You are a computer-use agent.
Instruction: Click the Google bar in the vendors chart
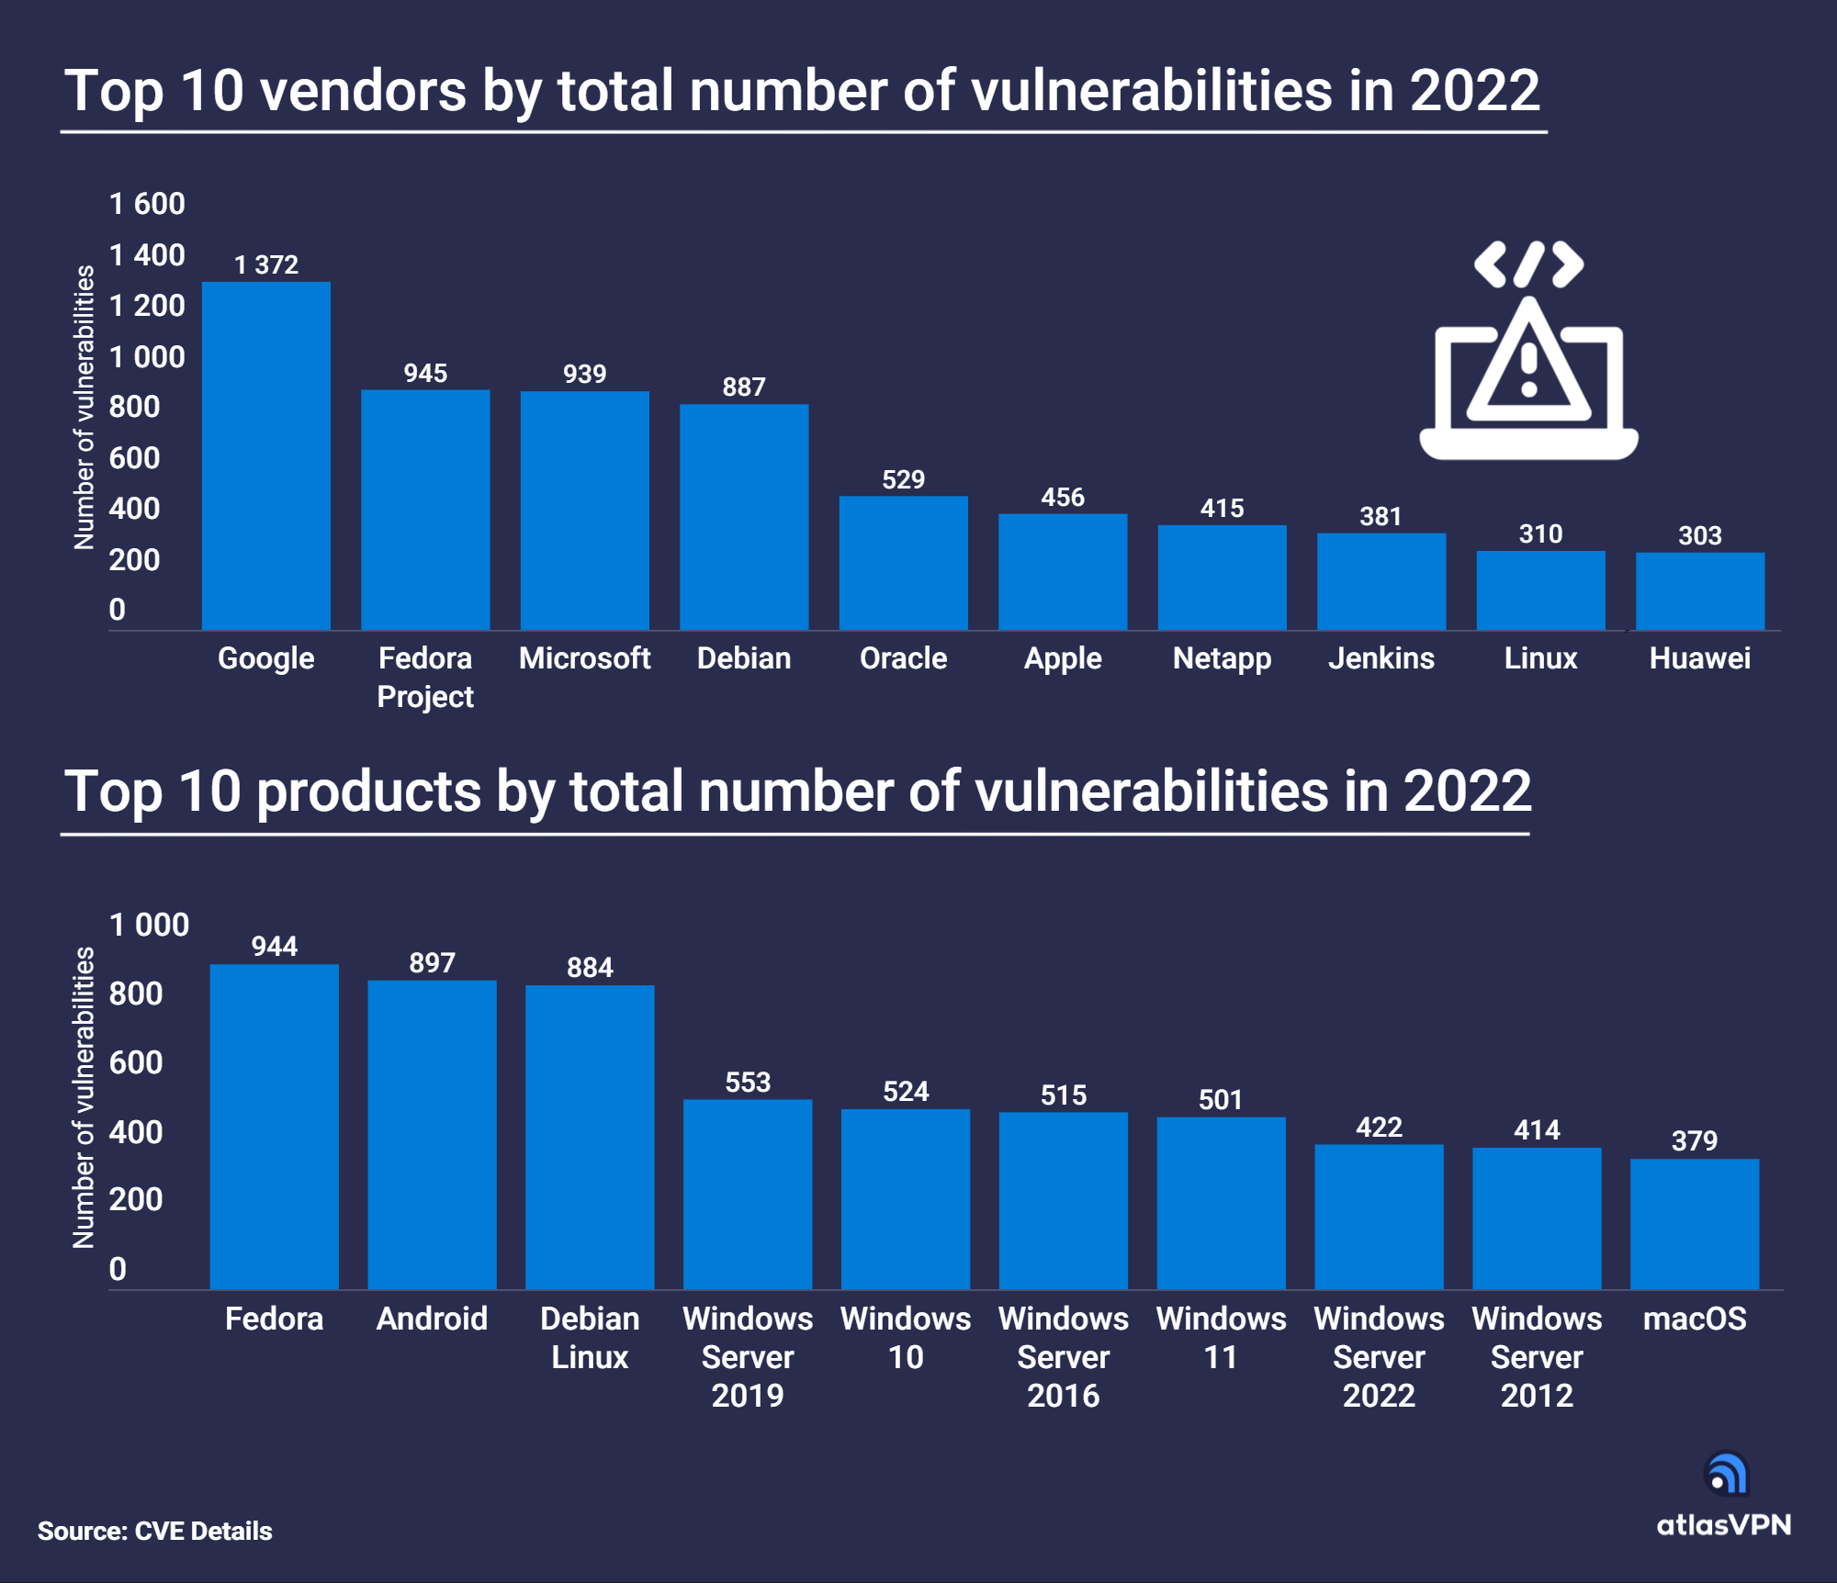[265, 455]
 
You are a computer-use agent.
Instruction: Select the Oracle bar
[903, 563]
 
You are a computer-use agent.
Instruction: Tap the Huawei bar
[1699, 590]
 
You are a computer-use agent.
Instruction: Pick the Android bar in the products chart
[432, 1134]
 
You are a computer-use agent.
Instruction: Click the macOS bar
[1694, 1223]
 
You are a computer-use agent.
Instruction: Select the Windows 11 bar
[1221, 1203]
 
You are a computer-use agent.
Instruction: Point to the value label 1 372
[265, 264]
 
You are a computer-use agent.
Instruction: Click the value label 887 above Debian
[743, 387]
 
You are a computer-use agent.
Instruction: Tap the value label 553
[748, 1082]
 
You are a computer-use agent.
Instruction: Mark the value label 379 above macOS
[1694, 1140]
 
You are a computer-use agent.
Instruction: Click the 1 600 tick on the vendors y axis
[147, 203]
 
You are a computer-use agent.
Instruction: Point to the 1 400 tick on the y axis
[147, 254]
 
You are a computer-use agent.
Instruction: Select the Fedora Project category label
[425, 677]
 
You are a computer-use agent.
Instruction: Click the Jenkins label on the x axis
[1381, 657]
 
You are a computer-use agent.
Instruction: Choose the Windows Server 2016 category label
[1063, 1356]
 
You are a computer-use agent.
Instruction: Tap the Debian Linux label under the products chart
[590, 1337]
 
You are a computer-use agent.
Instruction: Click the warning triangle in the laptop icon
[1528, 365]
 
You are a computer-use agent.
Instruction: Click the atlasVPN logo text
[1723, 1525]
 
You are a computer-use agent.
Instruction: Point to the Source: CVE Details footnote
[154, 1531]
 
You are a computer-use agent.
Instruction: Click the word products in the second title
[368, 791]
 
